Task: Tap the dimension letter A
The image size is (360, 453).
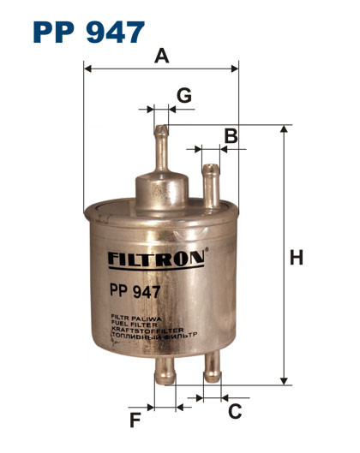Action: pyautogui.click(x=160, y=57)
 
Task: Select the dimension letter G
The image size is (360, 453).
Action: pyautogui.click(x=183, y=94)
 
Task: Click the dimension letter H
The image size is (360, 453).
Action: pyautogui.click(x=297, y=256)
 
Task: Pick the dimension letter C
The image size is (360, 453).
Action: pyautogui.click(x=233, y=411)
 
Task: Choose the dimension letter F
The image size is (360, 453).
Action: pyautogui.click(x=134, y=420)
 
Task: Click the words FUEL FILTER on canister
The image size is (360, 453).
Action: pyautogui.click(x=130, y=323)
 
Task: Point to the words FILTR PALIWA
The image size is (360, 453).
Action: pyautogui.click(x=132, y=317)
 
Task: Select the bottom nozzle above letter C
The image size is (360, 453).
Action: pyautogui.click(x=211, y=368)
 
